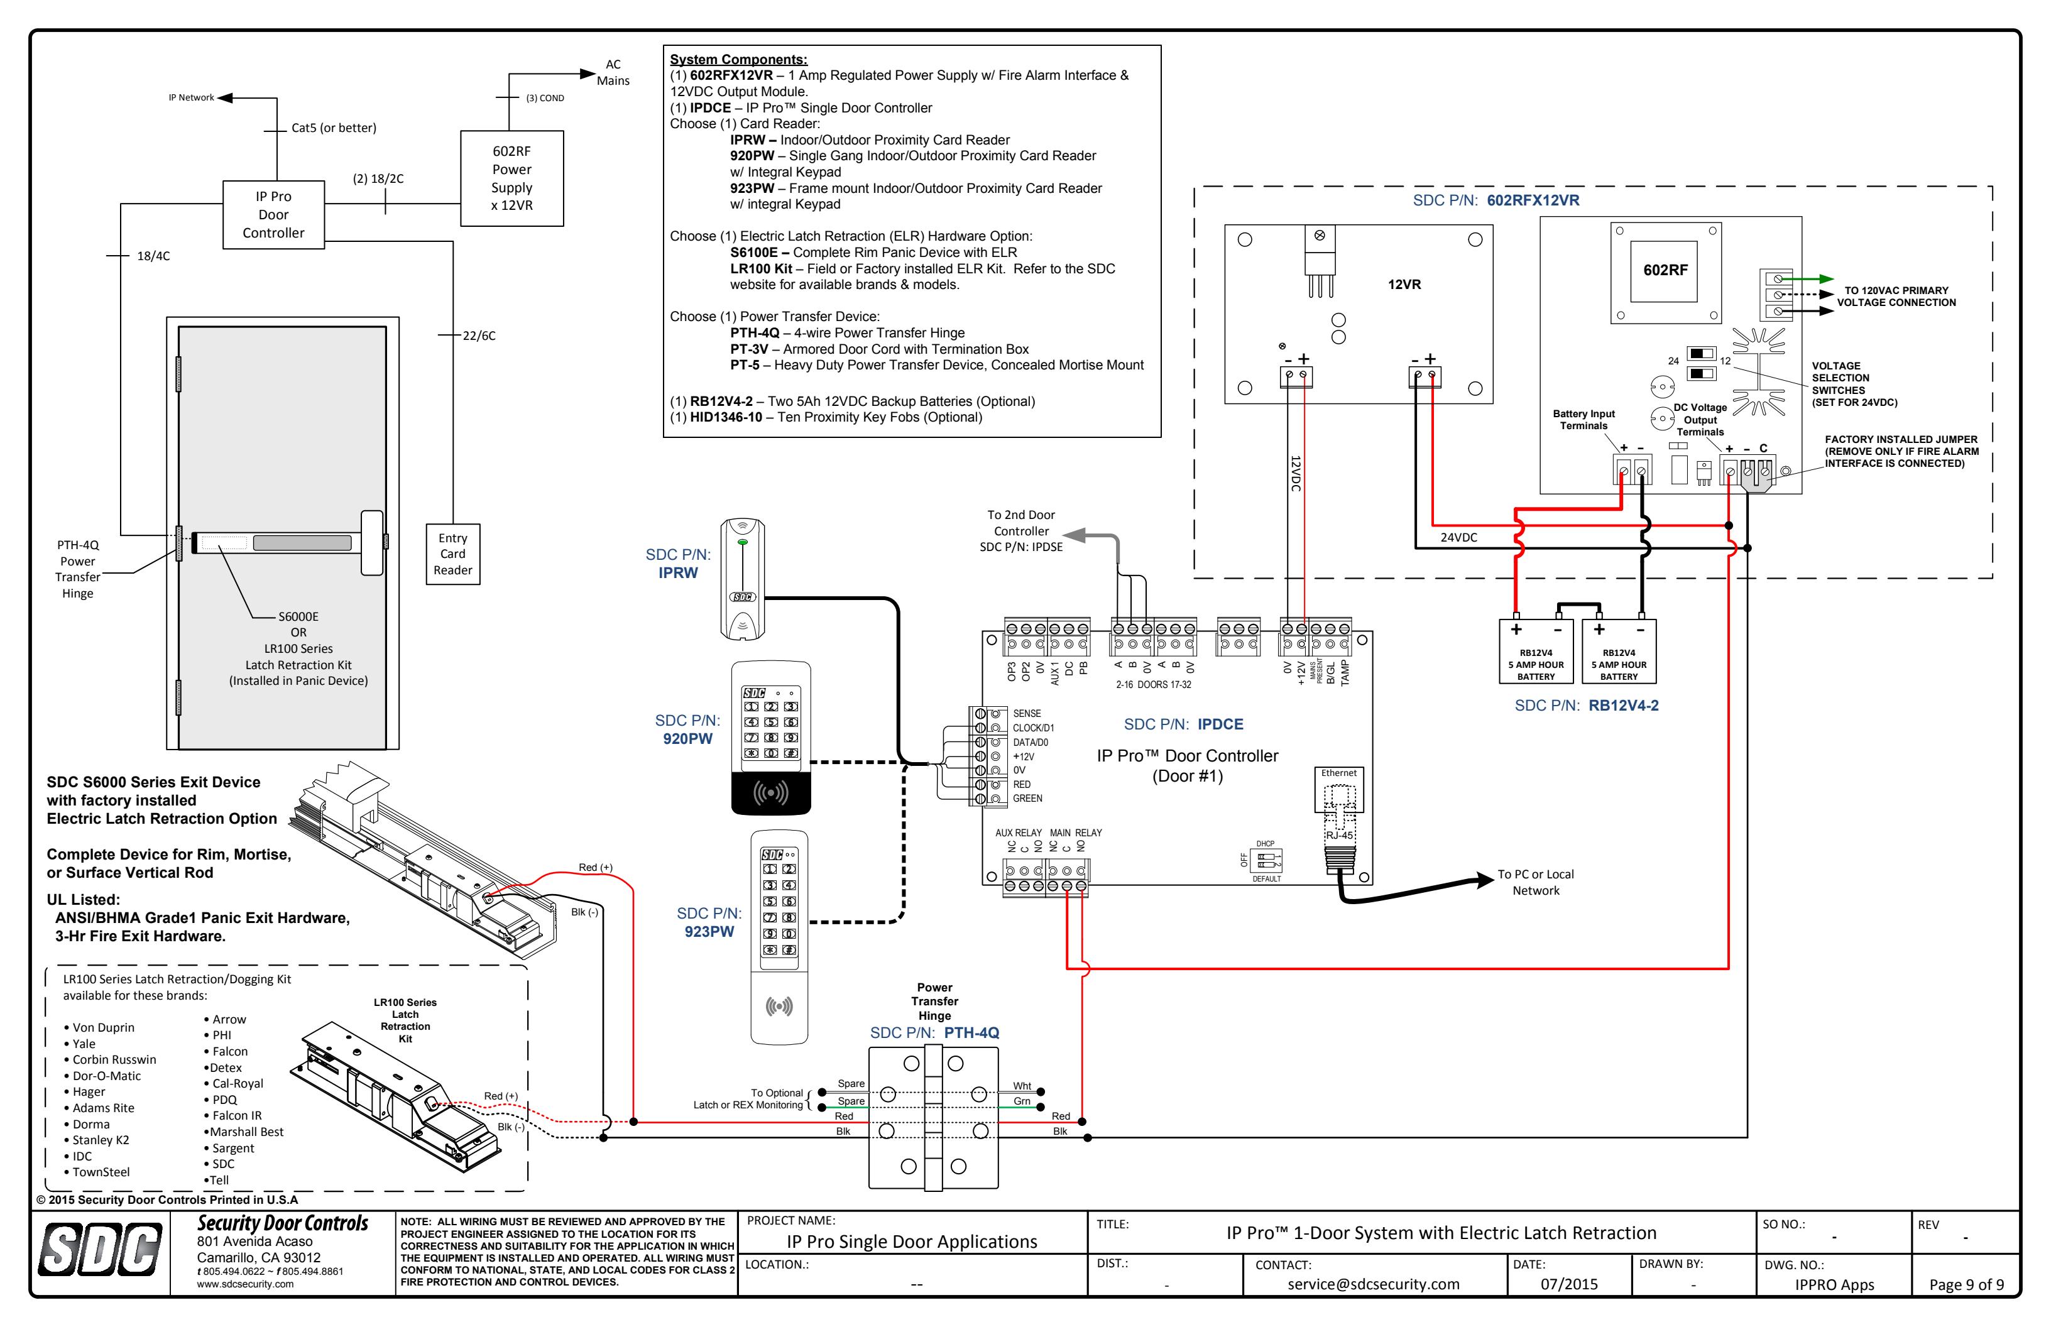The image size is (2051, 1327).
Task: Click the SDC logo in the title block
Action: (x=100, y=1250)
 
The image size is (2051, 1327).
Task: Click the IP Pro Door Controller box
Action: (x=273, y=214)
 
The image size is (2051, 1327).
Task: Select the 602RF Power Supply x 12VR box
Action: (x=512, y=178)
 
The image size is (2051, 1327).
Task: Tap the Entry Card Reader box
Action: (x=452, y=554)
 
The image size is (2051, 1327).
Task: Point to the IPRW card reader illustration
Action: (x=743, y=579)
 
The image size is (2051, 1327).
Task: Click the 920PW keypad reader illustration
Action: (x=771, y=738)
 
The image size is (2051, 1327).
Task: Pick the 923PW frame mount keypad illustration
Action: (x=779, y=937)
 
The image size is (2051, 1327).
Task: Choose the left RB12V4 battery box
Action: (x=1536, y=652)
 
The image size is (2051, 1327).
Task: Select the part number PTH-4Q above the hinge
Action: (x=971, y=1032)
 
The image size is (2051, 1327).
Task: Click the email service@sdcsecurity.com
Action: (x=1374, y=1284)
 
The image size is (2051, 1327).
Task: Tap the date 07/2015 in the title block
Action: (x=1569, y=1284)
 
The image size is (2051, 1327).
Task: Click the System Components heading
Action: (x=738, y=60)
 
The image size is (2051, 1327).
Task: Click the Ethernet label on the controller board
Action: (x=1338, y=773)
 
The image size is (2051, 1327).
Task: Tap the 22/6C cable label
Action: (x=479, y=335)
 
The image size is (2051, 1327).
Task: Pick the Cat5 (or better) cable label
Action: (x=334, y=128)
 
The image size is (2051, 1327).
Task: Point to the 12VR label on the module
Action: (x=1404, y=285)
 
